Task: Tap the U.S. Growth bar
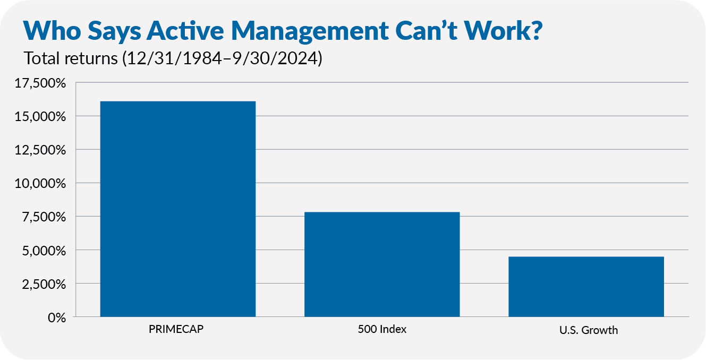(x=586, y=286)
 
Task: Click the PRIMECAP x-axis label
(x=176, y=329)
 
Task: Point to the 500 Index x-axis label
(x=381, y=329)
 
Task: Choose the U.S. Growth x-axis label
(x=588, y=330)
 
